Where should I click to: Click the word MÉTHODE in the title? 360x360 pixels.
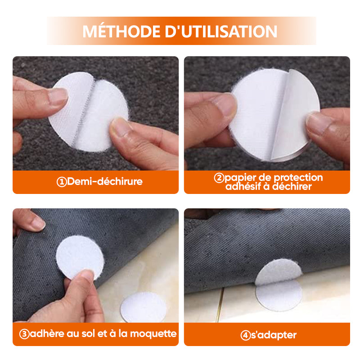pyautogui.click(x=121, y=31)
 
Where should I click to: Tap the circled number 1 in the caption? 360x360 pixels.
pyautogui.click(x=62, y=182)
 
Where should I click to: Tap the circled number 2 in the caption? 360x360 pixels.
pyautogui.click(x=219, y=178)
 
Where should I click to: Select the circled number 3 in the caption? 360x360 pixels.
pyautogui.click(x=24, y=334)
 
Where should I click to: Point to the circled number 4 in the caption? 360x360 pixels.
pyautogui.click(x=245, y=335)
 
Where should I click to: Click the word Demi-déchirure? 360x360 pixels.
pyautogui.click(x=105, y=181)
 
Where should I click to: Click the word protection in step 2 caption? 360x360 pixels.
pyautogui.click(x=298, y=177)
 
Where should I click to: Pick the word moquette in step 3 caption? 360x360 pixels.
pyautogui.click(x=153, y=333)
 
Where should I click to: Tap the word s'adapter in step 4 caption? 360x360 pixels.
pyautogui.click(x=274, y=335)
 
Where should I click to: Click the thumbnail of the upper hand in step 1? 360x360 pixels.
pyautogui.click(x=58, y=96)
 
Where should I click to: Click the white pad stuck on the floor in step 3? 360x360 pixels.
pyautogui.click(x=144, y=307)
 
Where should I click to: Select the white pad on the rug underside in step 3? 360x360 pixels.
pyautogui.click(x=80, y=257)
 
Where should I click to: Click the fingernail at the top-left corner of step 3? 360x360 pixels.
pyautogui.click(x=38, y=223)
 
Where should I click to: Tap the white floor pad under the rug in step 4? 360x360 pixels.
pyautogui.click(x=279, y=296)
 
